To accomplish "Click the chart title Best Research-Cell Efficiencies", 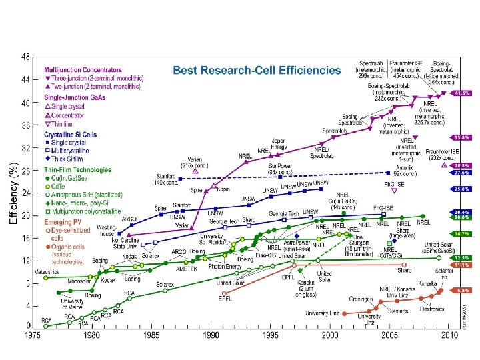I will click(x=257, y=69).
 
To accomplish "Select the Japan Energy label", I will click(x=279, y=144).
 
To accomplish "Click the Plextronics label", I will click(x=431, y=309).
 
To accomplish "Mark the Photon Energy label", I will click(x=225, y=267).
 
